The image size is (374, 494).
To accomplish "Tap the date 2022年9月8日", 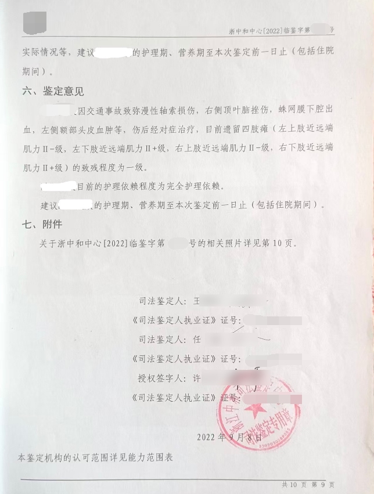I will coord(229,437).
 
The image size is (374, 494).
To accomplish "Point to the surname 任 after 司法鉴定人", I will coord(196,340).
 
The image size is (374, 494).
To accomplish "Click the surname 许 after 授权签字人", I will coord(196,378).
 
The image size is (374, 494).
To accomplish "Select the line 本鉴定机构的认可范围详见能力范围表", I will coord(95,457).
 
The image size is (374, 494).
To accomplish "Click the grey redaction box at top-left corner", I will coord(34,21).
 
